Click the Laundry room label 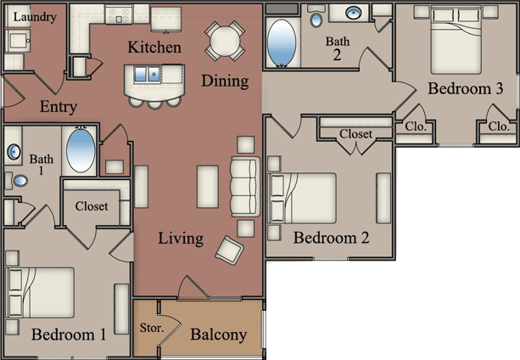coord(35,17)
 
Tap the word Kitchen coord(154,47)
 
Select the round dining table coord(225,41)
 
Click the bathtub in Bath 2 coord(282,43)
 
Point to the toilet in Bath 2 coord(316,16)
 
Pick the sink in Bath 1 coord(14,152)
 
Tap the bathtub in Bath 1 coord(81,149)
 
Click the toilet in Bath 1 coord(17,181)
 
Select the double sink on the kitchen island coord(147,74)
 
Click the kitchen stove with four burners coord(119,15)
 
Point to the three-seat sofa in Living coord(245,187)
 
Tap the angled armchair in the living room coord(229,250)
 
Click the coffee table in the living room coord(208,187)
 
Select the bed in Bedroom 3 coord(456,41)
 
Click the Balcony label coord(219,335)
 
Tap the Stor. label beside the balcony coord(152,328)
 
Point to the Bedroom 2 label coord(331,238)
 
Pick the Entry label coord(59,107)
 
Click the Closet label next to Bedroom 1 coord(92,206)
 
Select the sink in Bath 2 coord(354,13)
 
